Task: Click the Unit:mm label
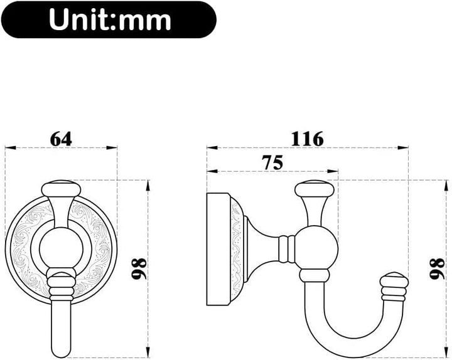(x=110, y=19)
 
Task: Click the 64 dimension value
(x=61, y=139)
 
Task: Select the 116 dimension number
(x=307, y=139)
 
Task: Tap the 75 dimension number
(x=272, y=162)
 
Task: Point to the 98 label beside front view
(x=139, y=268)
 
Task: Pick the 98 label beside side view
(x=437, y=268)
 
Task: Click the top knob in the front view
(x=61, y=189)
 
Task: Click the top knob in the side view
(x=315, y=189)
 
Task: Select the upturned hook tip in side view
(x=394, y=286)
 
